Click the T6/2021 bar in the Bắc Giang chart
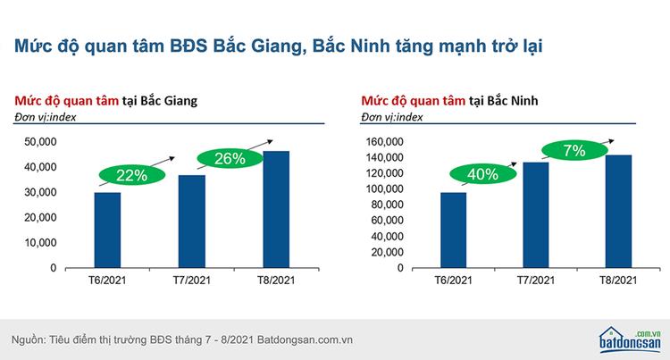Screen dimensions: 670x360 (x=107, y=230)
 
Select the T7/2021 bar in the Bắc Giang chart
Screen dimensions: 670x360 (x=192, y=222)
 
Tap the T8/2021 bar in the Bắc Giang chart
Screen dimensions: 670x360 (x=276, y=210)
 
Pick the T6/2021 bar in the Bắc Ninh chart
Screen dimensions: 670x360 (x=453, y=230)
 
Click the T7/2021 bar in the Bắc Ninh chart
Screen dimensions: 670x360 (x=536, y=215)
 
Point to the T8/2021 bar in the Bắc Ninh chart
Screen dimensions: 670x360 (x=618, y=212)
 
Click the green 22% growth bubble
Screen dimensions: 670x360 (x=131, y=175)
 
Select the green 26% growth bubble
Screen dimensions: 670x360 (x=230, y=158)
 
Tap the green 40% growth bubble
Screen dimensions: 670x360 (x=482, y=174)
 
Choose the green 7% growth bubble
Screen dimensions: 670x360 (x=574, y=150)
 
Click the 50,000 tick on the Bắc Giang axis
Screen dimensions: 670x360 (x=40, y=142)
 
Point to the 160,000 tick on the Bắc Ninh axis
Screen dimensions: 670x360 (x=384, y=142)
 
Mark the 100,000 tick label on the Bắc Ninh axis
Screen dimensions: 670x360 (x=384, y=188)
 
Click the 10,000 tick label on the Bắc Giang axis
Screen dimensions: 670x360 (x=40, y=243)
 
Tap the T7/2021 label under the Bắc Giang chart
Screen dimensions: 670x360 (x=192, y=280)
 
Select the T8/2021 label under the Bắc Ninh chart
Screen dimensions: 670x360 (x=618, y=280)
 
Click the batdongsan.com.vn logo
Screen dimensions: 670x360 (x=630, y=340)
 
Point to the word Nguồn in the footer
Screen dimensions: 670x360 (x=28, y=340)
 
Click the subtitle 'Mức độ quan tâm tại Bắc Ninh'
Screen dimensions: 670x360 (x=449, y=101)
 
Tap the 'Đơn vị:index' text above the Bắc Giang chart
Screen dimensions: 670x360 (x=46, y=117)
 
